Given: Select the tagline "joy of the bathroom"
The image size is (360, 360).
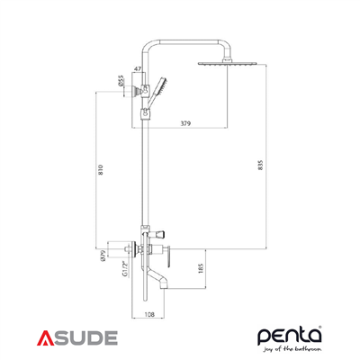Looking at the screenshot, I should pyautogui.click(x=292, y=350).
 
